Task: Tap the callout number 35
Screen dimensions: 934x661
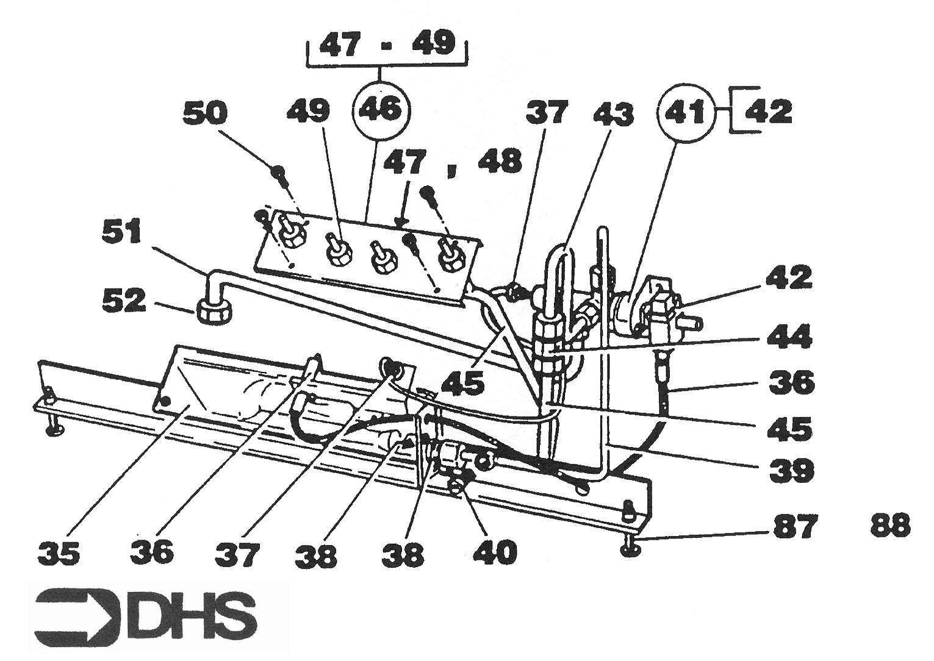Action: pyautogui.click(x=59, y=553)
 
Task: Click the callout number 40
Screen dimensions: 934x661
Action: pyautogui.click(x=495, y=553)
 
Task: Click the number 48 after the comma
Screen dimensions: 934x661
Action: pyautogui.click(x=500, y=162)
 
